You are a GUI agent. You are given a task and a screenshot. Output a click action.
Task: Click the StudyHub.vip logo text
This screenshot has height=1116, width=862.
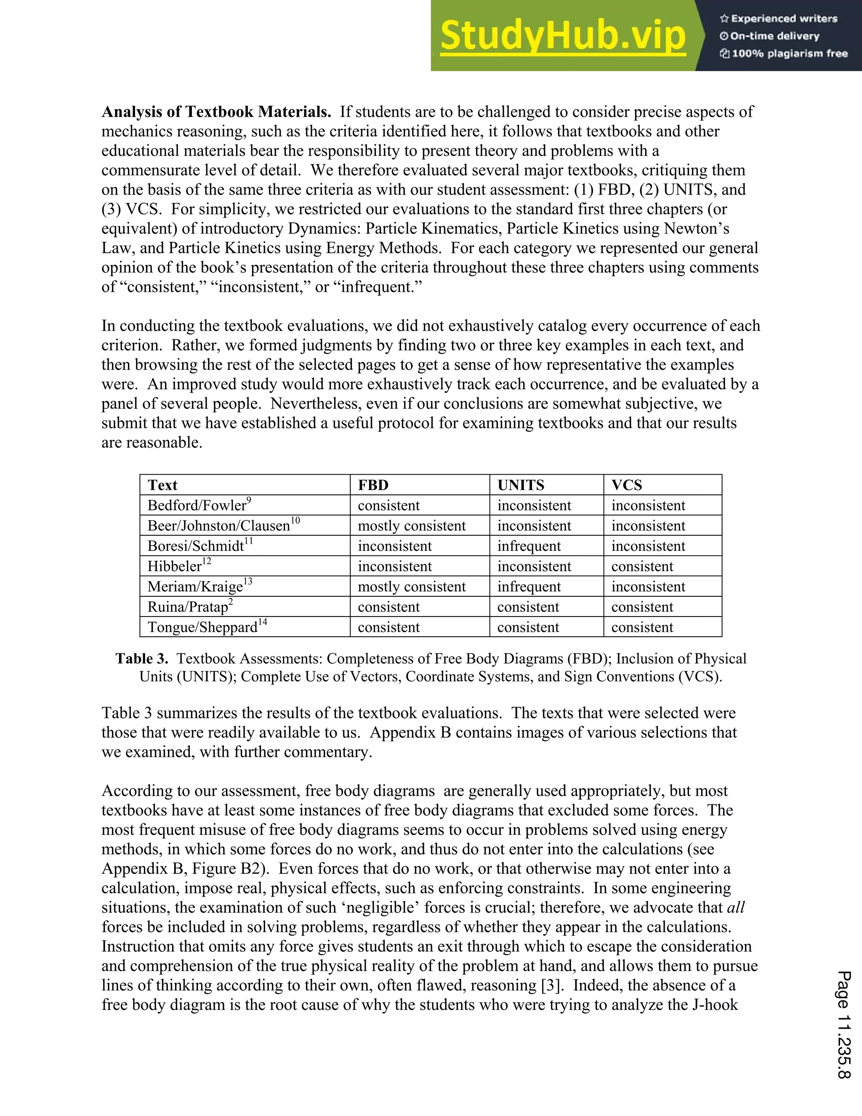[x=562, y=36]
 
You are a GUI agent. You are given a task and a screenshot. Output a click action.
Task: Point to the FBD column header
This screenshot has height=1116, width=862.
[x=373, y=485]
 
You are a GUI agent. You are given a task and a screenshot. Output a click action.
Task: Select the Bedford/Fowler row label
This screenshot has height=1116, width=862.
[x=197, y=505]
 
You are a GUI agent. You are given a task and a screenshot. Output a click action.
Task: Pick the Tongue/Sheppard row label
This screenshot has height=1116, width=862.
[x=203, y=627]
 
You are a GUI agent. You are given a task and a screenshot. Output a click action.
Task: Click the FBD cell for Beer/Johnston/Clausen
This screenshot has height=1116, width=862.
[x=412, y=526]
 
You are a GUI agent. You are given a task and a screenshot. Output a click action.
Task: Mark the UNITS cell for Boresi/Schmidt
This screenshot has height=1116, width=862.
[x=529, y=546]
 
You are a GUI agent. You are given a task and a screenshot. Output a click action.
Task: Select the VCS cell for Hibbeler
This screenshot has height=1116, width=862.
[x=642, y=566]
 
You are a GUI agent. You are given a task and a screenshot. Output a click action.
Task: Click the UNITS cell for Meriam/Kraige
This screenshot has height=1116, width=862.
[x=529, y=587]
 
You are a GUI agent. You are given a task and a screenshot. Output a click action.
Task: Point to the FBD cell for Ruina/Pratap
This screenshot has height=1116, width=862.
[x=388, y=607]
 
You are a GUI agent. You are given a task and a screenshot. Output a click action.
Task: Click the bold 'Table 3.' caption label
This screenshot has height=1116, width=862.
[x=141, y=659]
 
